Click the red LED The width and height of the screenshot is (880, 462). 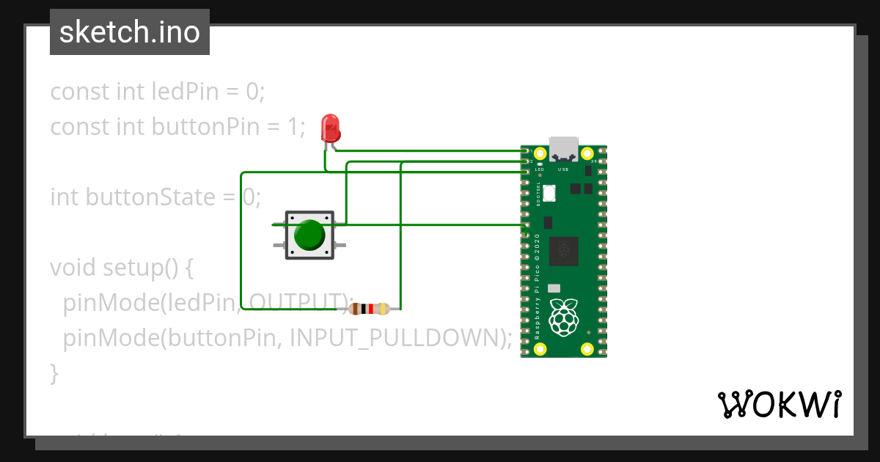331,128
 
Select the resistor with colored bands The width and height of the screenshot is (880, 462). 370,309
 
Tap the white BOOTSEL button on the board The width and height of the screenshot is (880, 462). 550,193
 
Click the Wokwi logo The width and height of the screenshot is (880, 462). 779,404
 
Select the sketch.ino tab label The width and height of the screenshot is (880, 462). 130,32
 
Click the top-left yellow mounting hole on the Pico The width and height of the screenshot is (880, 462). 540,154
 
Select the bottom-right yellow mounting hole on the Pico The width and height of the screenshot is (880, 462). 587,349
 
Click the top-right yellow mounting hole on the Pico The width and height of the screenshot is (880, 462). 587,154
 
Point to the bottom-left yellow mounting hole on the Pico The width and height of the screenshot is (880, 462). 540,349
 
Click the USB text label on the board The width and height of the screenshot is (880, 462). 563,169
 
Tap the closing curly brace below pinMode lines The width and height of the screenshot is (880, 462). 54,373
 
